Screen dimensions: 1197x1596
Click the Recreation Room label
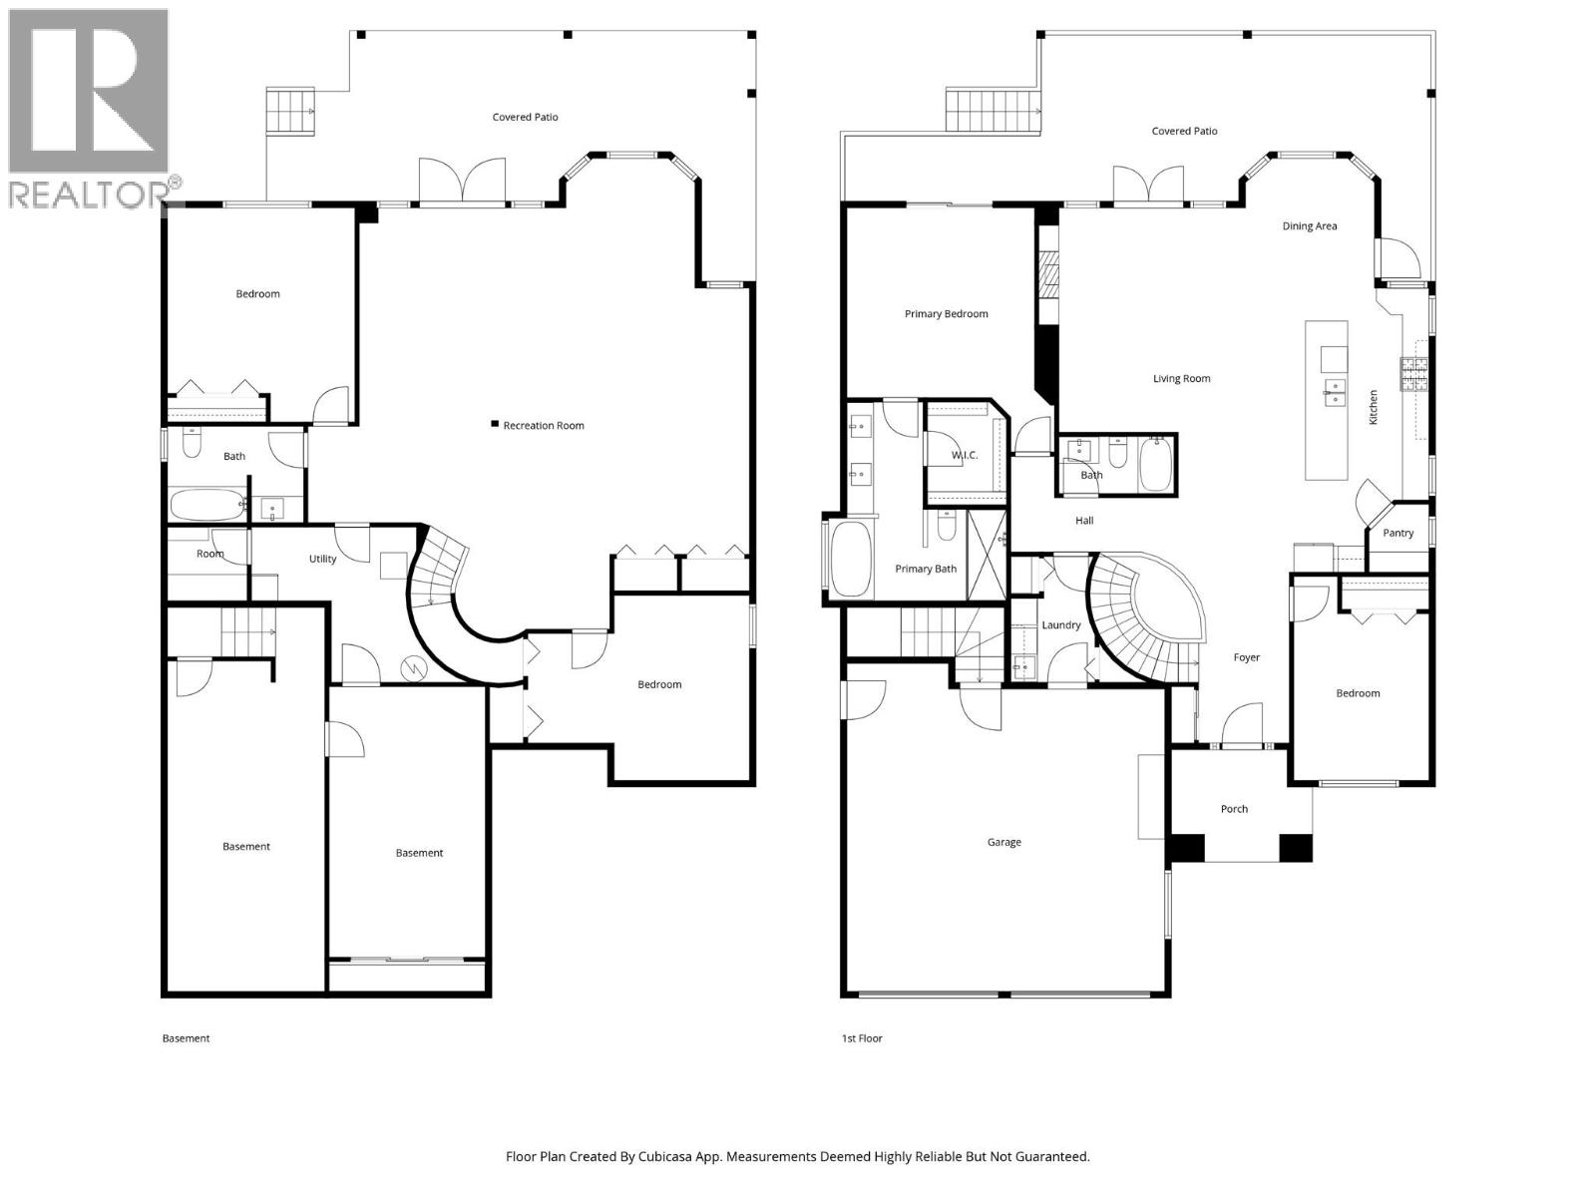tap(544, 426)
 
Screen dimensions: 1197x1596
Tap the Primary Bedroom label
tap(946, 314)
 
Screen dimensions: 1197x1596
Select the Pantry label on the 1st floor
tap(1397, 534)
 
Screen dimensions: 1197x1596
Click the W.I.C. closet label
tap(964, 456)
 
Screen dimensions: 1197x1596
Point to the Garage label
tap(1003, 843)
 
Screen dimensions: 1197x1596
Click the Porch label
tap(1234, 809)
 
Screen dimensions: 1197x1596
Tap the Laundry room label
tap(1060, 625)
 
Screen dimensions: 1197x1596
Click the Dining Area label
tap(1309, 226)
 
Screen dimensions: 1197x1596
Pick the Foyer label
tap(1246, 658)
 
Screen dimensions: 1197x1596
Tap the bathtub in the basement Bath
tap(206, 505)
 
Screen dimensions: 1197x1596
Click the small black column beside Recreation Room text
tap(495, 424)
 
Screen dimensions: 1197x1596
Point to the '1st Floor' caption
tap(862, 1038)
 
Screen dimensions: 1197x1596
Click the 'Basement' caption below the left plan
tap(186, 1038)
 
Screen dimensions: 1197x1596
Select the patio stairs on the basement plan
tap(290, 111)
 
